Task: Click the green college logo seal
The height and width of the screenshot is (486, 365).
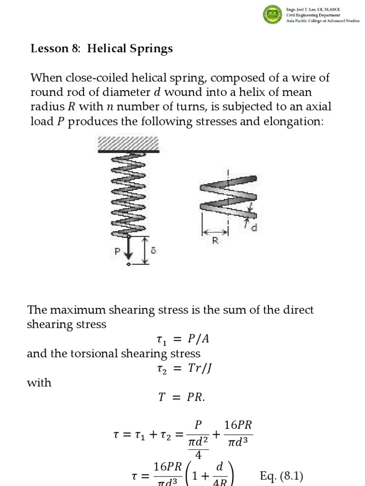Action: [x=273, y=14]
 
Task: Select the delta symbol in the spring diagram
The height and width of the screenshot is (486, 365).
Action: [x=153, y=250]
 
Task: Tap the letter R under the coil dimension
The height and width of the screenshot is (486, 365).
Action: [x=215, y=241]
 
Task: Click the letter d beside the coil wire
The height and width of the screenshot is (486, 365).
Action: [x=254, y=228]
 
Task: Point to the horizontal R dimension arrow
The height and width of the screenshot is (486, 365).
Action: [x=215, y=233]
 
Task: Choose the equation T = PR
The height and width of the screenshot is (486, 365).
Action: [x=182, y=398]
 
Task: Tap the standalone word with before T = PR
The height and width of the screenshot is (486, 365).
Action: [x=40, y=383]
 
